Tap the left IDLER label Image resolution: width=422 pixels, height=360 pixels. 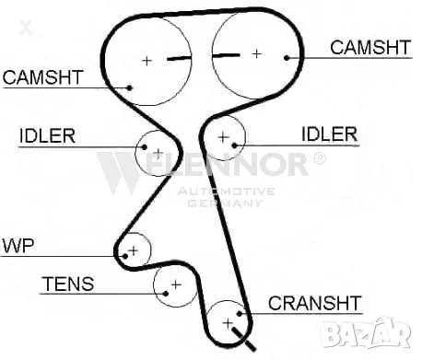coord(47,138)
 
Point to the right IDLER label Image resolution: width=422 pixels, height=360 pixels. coord(329,134)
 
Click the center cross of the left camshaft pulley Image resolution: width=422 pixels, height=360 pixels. coord(146,61)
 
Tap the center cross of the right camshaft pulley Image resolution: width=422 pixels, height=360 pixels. coord(256,53)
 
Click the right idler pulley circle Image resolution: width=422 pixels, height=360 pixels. coord(223,137)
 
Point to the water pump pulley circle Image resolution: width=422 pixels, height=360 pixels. coord(135,250)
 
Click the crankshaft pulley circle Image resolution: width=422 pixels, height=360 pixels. coord(226,322)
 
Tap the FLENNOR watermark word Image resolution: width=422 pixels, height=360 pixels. coord(221,166)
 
